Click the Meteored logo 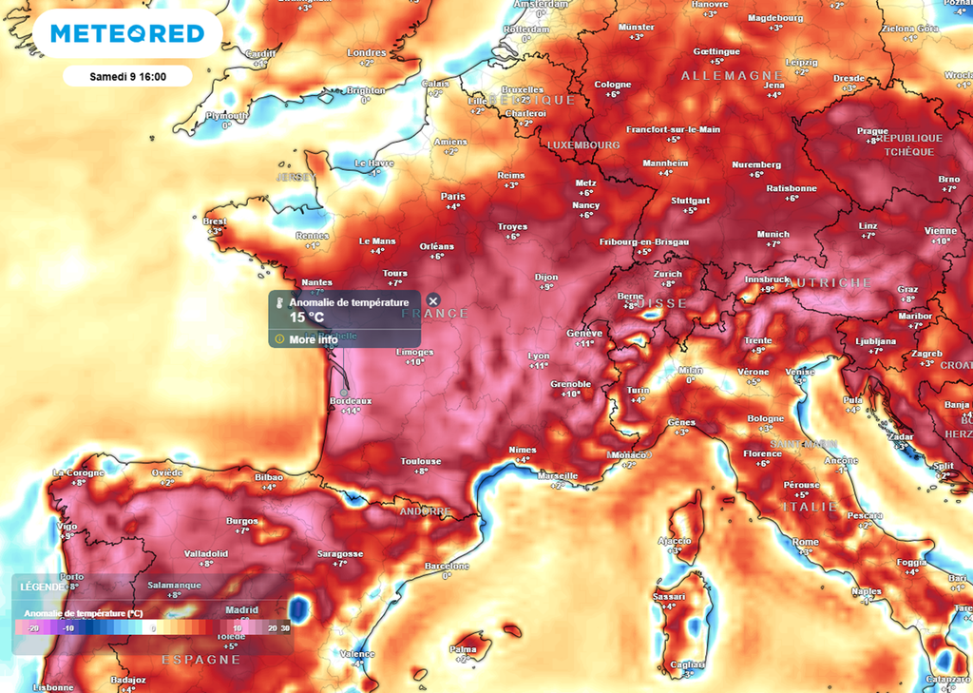click(127, 34)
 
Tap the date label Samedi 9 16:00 click(127, 76)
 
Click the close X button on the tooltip click(433, 301)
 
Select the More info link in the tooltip click(313, 339)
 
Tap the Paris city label click(453, 197)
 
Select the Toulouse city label click(420, 461)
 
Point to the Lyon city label click(539, 356)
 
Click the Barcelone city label click(447, 566)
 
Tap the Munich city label click(773, 234)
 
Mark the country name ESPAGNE click(201, 660)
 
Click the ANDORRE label click(424, 511)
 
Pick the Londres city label click(367, 52)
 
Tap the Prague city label click(871, 131)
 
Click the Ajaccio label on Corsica click(674, 540)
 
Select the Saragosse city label click(339, 553)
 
